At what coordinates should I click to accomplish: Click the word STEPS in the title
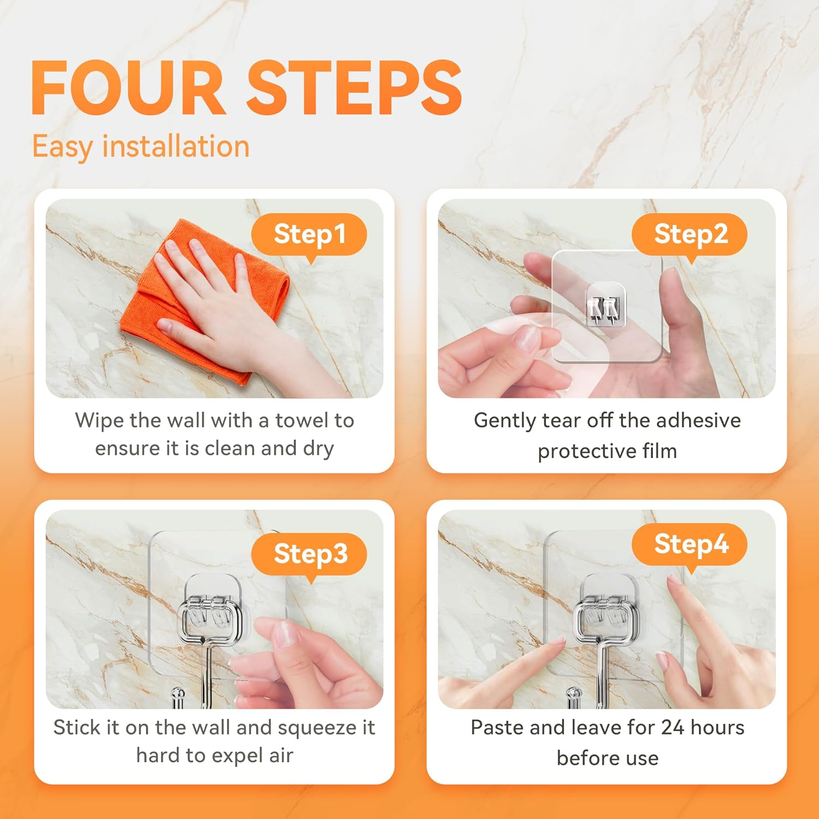coord(355,88)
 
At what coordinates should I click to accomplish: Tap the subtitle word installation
coord(176,146)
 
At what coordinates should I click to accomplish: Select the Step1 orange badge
coord(309,234)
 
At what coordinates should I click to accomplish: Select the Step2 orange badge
coord(690,234)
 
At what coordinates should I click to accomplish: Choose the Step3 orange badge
coord(310,554)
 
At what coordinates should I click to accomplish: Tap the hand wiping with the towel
coord(218,295)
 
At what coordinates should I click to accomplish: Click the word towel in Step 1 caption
coord(302,420)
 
